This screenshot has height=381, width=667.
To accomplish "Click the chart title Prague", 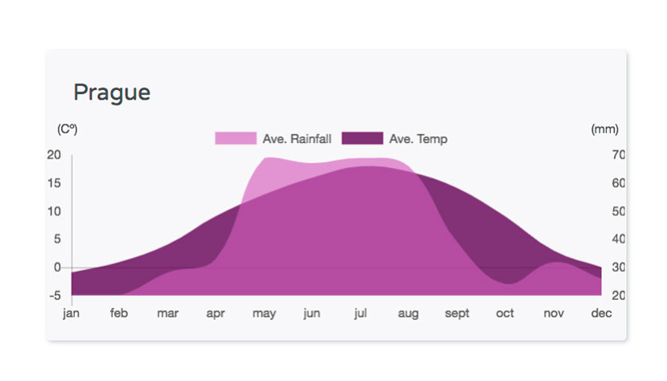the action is tap(112, 92).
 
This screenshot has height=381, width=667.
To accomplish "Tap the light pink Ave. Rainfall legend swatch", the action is tap(235, 138).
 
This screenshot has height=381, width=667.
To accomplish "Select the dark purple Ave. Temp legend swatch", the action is tap(362, 138).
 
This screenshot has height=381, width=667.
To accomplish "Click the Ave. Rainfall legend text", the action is tap(297, 139).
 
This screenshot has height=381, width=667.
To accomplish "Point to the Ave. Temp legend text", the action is tap(418, 139).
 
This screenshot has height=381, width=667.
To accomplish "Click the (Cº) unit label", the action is tap(68, 129).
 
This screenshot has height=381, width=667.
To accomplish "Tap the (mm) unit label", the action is tap(604, 129).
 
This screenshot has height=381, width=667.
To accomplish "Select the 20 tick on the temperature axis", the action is tap(54, 154).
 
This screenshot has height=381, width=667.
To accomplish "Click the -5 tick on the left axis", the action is tap(55, 296).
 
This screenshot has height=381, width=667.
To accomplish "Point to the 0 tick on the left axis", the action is tap(57, 268).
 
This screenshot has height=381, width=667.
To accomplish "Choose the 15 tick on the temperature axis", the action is tap(54, 183).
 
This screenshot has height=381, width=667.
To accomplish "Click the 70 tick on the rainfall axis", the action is tap(619, 154).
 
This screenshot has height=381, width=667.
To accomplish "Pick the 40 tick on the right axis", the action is tap(619, 239).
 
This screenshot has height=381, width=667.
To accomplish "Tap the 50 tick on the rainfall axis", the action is tap(619, 211).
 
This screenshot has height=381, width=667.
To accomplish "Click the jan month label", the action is tap(71, 313).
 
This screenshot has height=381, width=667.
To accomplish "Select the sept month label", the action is tap(457, 313).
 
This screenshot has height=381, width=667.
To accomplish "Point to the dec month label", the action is tap(601, 313).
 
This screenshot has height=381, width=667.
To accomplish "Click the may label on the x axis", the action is tap(264, 314).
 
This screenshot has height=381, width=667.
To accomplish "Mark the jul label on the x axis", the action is tap(360, 313).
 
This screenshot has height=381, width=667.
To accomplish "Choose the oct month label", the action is tap(505, 313).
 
